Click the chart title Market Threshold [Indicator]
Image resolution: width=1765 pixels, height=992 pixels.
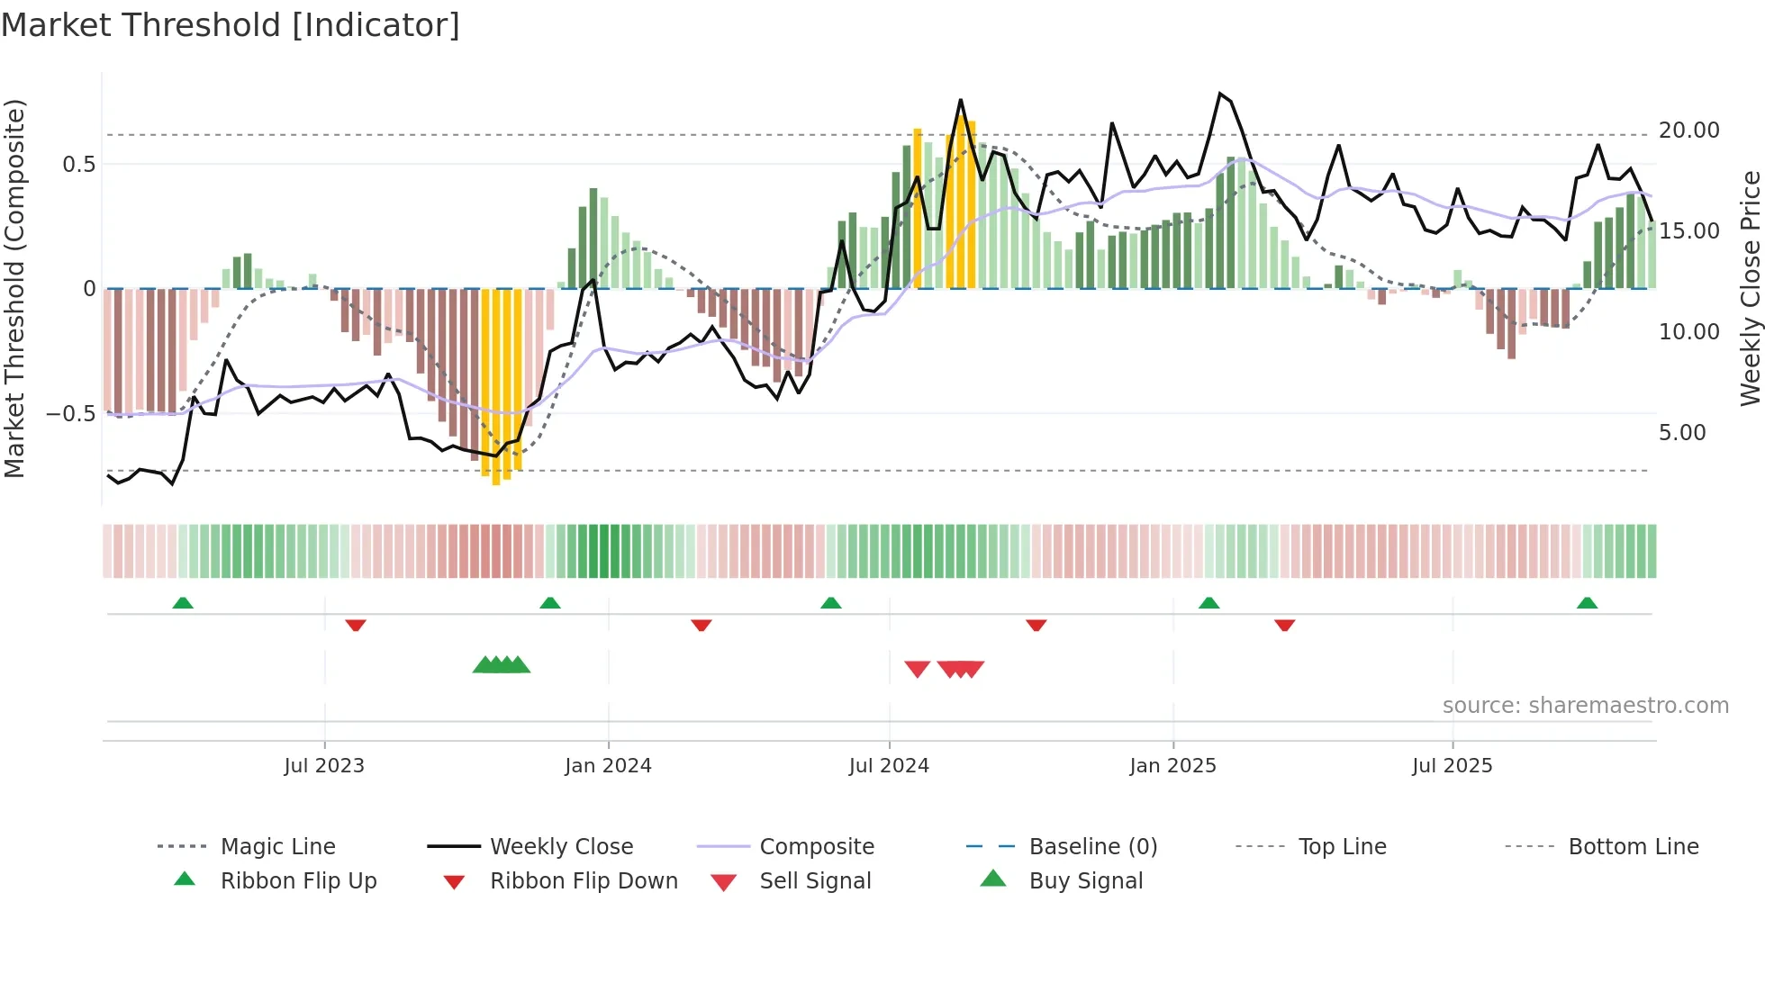click(x=231, y=25)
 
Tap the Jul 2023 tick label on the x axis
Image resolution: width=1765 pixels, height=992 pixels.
click(x=324, y=765)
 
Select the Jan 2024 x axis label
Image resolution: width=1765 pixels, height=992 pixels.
click(x=608, y=765)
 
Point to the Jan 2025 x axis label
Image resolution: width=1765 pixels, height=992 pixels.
click(x=1172, y=765)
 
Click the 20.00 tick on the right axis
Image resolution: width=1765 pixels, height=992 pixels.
click(x=1689, y=131)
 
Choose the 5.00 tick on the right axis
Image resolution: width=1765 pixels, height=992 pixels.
click(x=1682, y=433)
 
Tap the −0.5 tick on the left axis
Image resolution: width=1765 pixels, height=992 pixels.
click(x=70, y=414)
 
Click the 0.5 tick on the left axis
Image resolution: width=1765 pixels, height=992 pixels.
click(x=78, y=164)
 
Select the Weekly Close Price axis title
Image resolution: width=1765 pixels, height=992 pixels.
click(x=1750, y=288)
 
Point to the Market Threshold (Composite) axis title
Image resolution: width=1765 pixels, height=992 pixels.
click(x=14, y=288)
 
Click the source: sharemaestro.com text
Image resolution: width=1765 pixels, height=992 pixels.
click(x=1585, y=705)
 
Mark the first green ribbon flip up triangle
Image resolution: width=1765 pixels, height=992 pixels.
click(x=183, y=602)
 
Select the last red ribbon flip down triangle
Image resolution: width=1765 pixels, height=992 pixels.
click(x=1284, y=625)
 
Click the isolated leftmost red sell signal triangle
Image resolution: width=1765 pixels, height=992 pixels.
click(x=917, y=669)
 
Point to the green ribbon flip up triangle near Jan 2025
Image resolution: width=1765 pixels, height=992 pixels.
click(x=1208, y=602)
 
